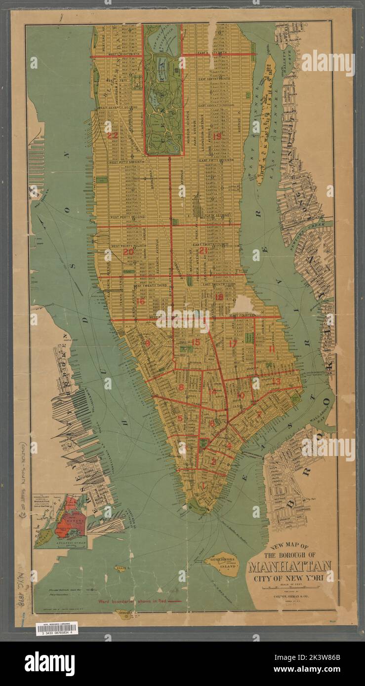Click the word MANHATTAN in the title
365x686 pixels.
point(289,566)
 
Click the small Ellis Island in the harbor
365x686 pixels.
point(120,569)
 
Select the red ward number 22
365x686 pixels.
point(113,135)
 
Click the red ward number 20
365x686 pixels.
point(128,251)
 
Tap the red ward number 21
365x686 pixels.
point(203,250)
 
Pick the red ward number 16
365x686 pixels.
point(141,301)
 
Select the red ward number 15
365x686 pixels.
point(196,342)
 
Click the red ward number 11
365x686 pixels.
point(271,348)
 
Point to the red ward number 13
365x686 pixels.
point(276,381)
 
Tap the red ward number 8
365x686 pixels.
point(181,387)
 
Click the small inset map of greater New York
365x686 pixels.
point(60,521)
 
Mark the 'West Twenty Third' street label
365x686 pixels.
point(149,286)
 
